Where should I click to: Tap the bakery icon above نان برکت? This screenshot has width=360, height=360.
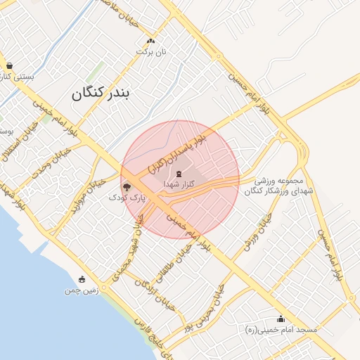[x=150, y=41]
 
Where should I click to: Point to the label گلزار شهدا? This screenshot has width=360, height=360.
[x=179, y=184]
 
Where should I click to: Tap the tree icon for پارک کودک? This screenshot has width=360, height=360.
[x=127, y=187]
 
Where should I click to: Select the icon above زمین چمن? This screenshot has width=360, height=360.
[x=82, y=279]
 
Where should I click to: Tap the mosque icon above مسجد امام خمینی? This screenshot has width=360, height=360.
[x=282, y=319]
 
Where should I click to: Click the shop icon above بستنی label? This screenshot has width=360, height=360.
[x=8, y=66]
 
